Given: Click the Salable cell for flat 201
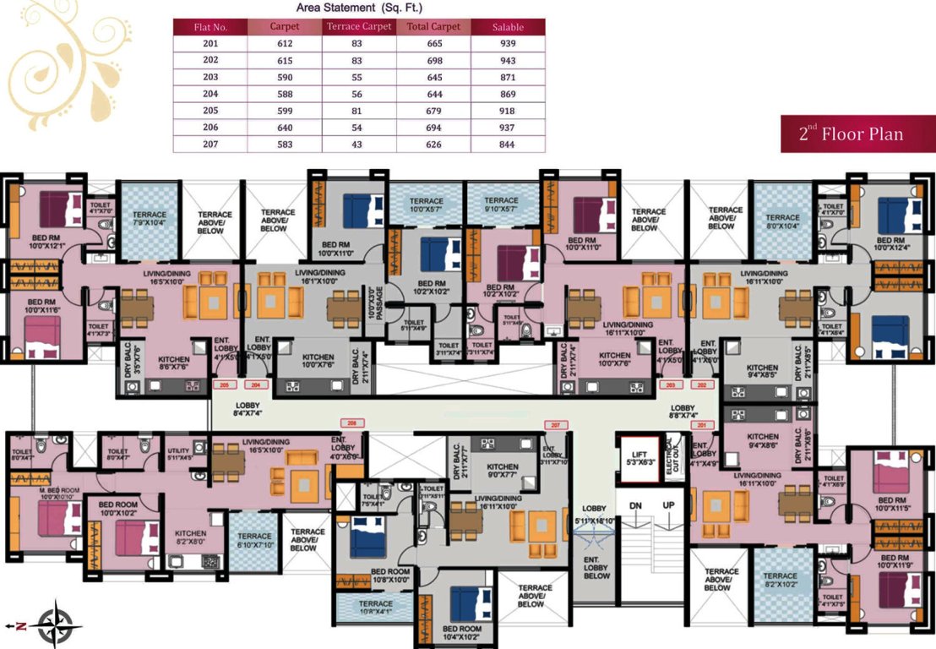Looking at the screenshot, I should (x=508, y=44).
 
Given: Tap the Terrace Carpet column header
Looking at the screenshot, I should (x=359, y=26).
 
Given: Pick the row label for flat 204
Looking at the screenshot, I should (x=210, y=95).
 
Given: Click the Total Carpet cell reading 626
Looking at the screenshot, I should (x=433, y=145).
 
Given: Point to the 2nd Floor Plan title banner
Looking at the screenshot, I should (x=851, y=134).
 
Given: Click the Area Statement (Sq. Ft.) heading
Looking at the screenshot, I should (x=359, y=7).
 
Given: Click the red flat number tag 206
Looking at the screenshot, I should (x=352, y=421).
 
